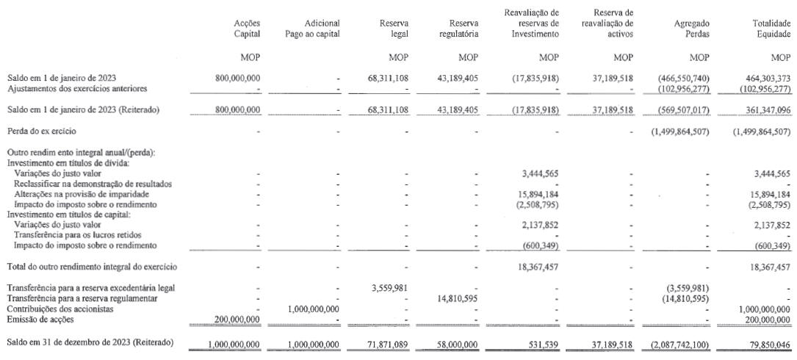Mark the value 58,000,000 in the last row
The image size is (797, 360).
[458, 344]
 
